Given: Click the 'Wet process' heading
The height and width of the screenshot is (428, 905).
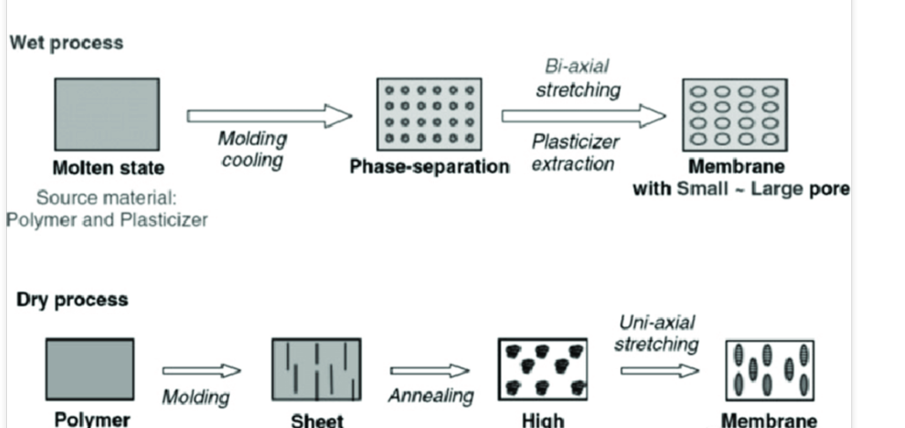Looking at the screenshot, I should pyautogui.click(x=66, y=42).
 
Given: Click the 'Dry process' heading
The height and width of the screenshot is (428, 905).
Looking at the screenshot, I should pyautogui.click(x=71, y=299).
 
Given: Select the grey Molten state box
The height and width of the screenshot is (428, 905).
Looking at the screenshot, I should pyautogui.click(x=107, y=114).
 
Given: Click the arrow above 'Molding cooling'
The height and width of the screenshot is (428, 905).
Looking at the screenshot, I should pyautogui.click(x=269, y=115).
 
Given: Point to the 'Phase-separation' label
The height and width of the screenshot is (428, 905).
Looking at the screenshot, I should pyautogui.click(x=429, y=167).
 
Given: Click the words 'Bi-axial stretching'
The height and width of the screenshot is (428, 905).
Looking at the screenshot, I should pyautogui.click(x=578, y=78).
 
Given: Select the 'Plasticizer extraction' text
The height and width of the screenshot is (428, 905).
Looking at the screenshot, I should pyautogui.click(x=575, y=151).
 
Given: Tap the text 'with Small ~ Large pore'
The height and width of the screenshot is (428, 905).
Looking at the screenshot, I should pyautogui.click(x=741, y=188).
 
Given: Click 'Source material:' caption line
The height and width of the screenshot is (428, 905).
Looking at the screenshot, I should pyautogui.click(x=108, y=198).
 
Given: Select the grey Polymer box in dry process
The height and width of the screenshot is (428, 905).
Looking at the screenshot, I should pyautogui.click(x=90, y=369).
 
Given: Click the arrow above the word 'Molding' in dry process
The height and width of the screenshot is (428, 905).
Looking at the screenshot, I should pyautogui.click(x=202, y=371).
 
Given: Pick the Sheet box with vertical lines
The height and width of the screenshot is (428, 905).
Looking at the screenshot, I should pyautogui.click(x=315, y=370).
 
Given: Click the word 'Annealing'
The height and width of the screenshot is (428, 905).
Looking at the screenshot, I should pyautogui.click(x=430, y=396).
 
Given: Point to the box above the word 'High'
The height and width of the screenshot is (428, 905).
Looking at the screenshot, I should pyautogui.click(x=542, y=369).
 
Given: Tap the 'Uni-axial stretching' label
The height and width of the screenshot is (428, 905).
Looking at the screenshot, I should pyautogui.click(x=656, y=333).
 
